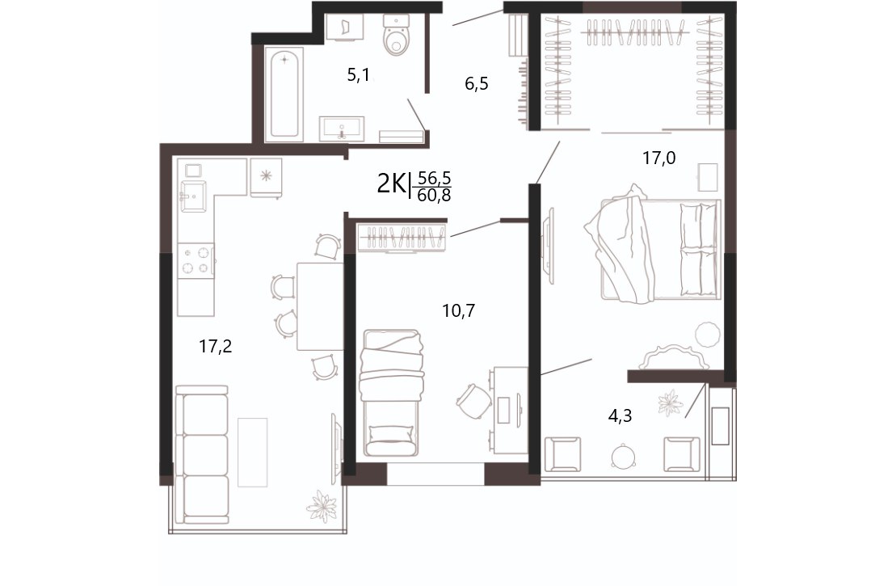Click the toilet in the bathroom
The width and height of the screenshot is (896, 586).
point(396,35)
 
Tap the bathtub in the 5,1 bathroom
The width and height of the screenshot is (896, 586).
point(284,95)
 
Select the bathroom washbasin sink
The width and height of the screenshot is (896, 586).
point(341,129)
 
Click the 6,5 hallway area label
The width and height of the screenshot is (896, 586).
point(476,85)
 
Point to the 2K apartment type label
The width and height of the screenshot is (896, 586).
point(391,184)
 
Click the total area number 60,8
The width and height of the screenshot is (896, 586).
point(435,196)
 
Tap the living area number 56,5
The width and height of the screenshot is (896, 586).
point(435,178)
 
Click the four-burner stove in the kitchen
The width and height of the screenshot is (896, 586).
point(196,260)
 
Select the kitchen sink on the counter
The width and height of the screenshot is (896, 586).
point(192,196)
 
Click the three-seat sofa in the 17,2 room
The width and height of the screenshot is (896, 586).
point(202,454)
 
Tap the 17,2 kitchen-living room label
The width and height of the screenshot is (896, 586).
point(216,346)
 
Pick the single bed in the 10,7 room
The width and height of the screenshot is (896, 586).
point(391,393)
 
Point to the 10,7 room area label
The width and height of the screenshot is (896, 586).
point(458,311)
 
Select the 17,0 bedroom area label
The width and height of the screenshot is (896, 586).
point(658,158)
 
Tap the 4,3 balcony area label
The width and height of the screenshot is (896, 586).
point(620,415)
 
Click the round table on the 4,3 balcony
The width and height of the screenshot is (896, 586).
point(623,457)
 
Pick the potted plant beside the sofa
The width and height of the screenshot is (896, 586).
point(322,506)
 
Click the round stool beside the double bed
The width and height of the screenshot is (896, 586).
point(708,335)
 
